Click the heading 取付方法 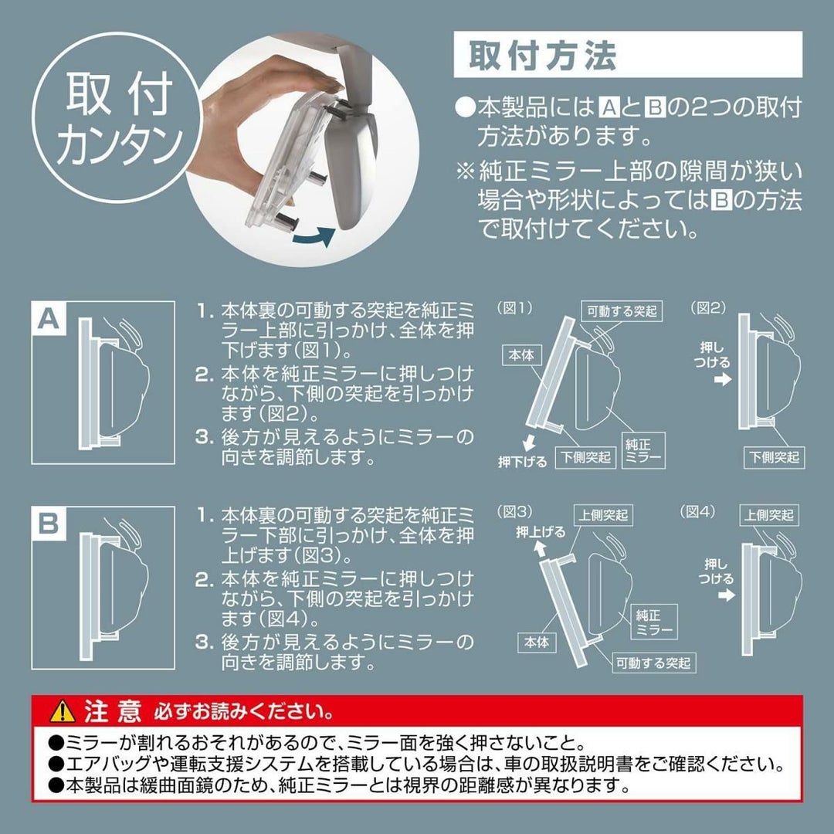(x=542, y=55)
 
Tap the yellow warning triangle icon (x=63, y=711)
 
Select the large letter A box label (x=49, y=319)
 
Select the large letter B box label (x=49, y=524)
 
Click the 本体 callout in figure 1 (x=521, y=354)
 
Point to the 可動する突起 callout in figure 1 (x=622, y=311)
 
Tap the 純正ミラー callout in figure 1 (x=643, y=449)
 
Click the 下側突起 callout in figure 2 (x=774, y=457)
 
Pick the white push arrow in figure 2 (x=723, y=380)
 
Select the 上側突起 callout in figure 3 (x=602, y=515)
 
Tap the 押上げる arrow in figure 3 (x=540, y=548)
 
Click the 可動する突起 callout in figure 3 (x=653, y=663)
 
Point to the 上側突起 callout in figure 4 (x=768, y=515)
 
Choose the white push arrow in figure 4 (x=726, y=595)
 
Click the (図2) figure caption (x=708, y=308)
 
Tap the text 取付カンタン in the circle (x=118, y=118)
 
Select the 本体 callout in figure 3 (x=537, y=642)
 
